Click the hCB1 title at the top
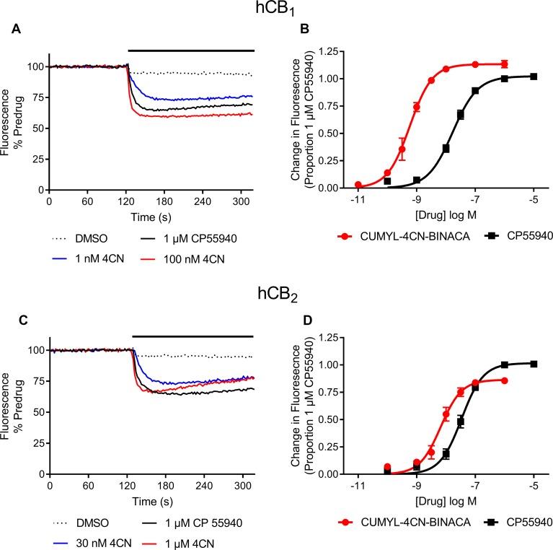point(276,10)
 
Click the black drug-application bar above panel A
point(191,51)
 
